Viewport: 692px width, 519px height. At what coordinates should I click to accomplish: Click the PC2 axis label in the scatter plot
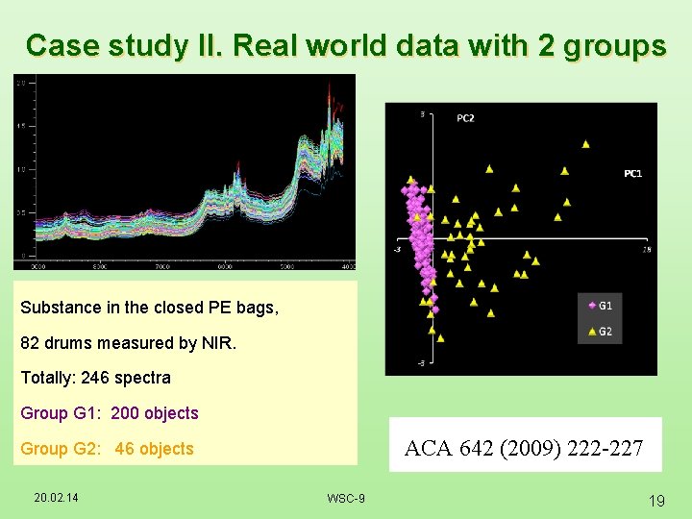[x=465, y=118]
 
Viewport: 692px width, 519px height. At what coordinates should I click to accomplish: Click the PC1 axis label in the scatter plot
[x=632, y=174]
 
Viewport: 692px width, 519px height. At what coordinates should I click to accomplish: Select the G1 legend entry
[x=605, y=306]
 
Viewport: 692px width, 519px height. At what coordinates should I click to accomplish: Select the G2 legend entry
[x=605, y=332]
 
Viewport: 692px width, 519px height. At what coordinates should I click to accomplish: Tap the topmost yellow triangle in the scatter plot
[x=585, y=144]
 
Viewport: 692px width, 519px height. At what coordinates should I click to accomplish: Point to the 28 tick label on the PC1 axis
[x=647, y=249]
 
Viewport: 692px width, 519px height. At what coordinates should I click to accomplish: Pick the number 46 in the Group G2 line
[x=125, y=449]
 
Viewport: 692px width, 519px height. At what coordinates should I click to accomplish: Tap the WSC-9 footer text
[x=345, y=498]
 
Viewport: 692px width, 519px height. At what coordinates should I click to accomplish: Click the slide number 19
[x=657, y=501]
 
